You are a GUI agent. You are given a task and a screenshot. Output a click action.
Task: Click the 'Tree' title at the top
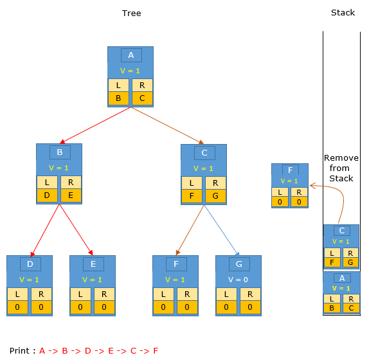131,13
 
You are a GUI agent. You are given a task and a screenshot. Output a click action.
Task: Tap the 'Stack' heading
343,12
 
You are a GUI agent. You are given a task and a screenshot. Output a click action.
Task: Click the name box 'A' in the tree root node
131,55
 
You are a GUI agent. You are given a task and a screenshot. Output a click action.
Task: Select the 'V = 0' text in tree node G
238,280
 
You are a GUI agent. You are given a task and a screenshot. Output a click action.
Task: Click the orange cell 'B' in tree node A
118,98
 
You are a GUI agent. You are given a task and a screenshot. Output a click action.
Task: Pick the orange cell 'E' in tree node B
71,195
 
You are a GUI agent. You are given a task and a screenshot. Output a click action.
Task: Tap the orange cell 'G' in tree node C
215,196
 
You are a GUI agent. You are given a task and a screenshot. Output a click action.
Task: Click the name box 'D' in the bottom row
30,264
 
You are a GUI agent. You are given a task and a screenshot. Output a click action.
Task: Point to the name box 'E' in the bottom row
93,264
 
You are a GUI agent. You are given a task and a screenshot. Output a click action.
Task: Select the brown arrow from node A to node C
167,125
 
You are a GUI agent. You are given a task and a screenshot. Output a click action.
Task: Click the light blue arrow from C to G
222,230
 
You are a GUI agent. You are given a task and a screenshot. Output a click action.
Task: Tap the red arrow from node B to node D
45,230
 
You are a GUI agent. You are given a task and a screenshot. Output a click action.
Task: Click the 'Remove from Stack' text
341,168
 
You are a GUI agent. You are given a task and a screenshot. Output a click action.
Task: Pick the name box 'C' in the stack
342,231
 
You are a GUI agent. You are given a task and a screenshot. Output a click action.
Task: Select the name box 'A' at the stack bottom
342,278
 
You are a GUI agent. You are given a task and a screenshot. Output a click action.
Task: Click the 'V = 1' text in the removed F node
289,181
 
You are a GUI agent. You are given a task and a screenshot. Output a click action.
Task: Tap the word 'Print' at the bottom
19,350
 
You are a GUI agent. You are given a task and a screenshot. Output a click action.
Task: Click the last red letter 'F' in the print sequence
156,350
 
